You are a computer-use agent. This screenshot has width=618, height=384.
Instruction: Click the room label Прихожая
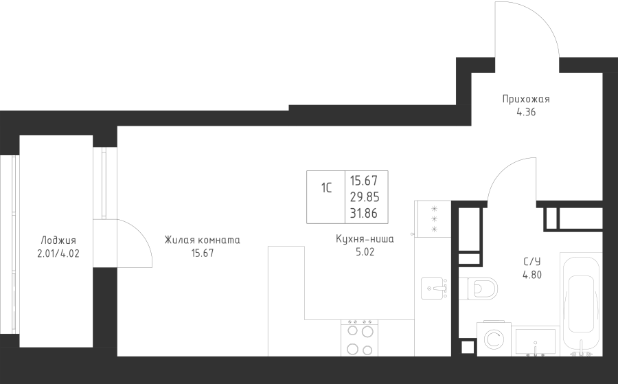526,99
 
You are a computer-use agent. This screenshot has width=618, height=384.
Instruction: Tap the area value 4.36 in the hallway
526,112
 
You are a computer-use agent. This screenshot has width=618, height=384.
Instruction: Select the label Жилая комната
202,240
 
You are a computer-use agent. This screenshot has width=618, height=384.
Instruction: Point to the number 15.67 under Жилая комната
203,253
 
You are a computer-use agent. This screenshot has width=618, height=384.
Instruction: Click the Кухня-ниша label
365,238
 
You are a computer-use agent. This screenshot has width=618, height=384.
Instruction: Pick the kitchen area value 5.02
365,252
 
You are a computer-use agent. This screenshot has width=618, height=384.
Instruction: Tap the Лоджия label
58,240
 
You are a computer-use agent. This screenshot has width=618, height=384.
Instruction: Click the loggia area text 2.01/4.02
58,253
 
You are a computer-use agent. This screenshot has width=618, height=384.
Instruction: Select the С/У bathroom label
531,262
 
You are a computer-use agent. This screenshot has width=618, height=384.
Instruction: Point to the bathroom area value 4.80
532,275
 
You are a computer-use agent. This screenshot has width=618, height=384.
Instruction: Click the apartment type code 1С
326,188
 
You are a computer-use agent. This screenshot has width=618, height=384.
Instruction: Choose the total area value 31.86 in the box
364,213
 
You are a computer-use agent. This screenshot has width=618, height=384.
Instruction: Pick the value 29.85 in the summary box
365,196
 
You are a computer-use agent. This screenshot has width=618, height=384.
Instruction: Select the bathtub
581,304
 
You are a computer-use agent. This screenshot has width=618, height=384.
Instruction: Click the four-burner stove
359,338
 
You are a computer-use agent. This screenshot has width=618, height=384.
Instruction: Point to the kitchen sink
435,287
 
